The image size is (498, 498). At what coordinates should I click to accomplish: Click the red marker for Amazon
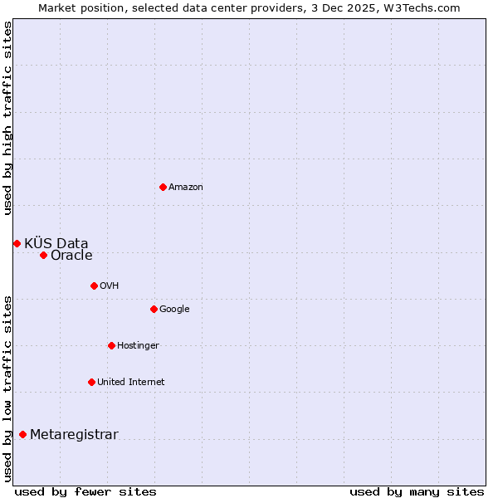pos(163,187)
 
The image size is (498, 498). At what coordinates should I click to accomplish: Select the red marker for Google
pos(154,309)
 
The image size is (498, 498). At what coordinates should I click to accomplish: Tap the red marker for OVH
pos(94,286)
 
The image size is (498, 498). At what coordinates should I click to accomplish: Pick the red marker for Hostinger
pos(111,345)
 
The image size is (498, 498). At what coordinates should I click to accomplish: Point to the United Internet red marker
pos(91,382)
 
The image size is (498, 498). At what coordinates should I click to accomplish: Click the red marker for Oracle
pos(43,255)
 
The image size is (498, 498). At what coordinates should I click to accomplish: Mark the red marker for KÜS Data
pos(17,243)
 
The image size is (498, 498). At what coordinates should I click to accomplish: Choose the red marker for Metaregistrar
pos(22,434)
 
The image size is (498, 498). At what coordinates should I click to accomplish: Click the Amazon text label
pos(185,188)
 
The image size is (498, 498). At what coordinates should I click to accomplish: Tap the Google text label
pos(174,310)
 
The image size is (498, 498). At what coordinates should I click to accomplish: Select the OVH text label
pos(109,286)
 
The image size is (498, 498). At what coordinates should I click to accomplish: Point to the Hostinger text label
pos(138,346)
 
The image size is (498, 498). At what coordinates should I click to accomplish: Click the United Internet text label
pos(130,383)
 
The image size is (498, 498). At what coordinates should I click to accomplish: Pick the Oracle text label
pos(71,256)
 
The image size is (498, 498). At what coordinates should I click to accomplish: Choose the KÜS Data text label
pos(56,243)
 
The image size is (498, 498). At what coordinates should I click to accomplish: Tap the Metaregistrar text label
pos(74,435)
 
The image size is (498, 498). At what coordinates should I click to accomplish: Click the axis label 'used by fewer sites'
pos(85,491)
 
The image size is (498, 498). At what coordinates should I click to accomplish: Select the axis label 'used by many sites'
pos(417,491)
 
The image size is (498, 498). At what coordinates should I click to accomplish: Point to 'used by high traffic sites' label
pos(7,118)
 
